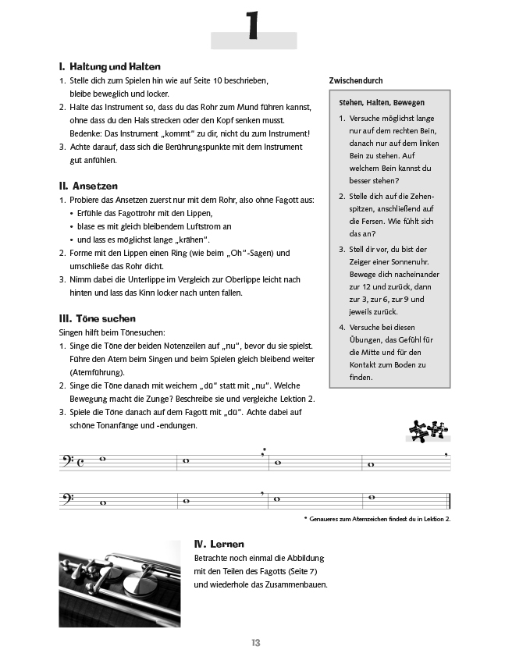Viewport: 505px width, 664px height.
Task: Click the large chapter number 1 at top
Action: click(x=253, y=27)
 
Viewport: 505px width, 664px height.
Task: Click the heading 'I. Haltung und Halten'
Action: click(x=109, y=67)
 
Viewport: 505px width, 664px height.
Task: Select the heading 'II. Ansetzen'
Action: click(x=87, y=186)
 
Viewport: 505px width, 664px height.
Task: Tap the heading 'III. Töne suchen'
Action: click(x=97, y=318)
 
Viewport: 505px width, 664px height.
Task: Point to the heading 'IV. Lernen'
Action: click(x=219, y=543)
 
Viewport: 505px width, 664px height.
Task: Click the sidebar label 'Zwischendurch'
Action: click(x=356, y=80)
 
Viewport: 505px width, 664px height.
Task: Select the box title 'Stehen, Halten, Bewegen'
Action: click(x=382, y=102)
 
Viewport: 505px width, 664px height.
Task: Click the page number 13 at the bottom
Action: click(x=255, y=642)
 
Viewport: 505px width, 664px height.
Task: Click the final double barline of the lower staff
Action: click(x=448, y=501)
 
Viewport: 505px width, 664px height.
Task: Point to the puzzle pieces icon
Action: click(x=429, y=429)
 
